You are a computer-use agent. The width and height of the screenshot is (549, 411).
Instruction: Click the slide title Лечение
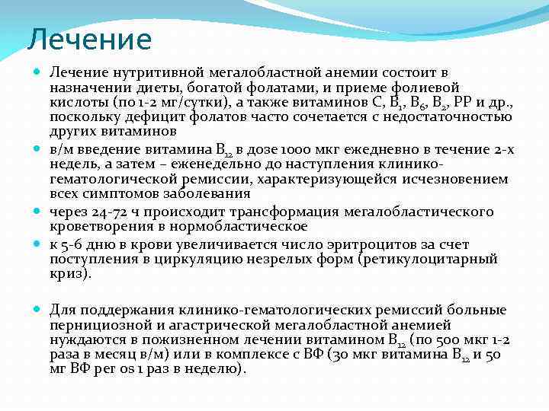[x=89, y=39]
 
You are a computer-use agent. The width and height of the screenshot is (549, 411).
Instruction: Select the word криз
[x=68, y=273]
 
